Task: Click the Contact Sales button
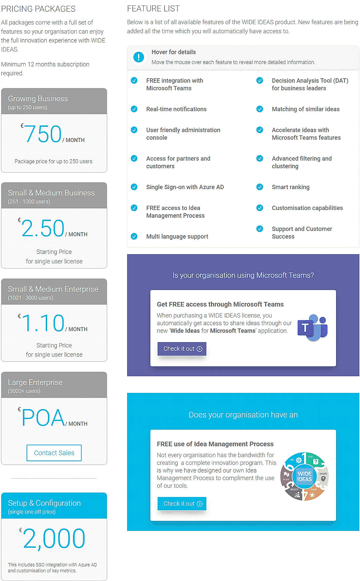(54, 453)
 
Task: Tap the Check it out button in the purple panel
(182, 349)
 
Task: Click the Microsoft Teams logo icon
(313, 328)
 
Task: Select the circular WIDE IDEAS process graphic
(304, 476)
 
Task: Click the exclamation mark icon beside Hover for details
(139, 57)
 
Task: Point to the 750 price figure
(43, 134)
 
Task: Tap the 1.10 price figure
(43, 323)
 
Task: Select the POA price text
(43, 418)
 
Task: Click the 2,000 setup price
(54, 539)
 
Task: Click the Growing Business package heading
(38, 99)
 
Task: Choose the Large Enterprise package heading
(35, 382)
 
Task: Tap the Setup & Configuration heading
(44, 503)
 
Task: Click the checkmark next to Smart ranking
(260, 187)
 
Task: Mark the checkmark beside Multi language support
(134, 237)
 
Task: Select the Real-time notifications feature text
(176, 109)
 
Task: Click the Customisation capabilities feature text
(307, 208)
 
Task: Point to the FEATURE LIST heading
(153, 8)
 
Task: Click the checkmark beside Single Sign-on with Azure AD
(134, 187)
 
